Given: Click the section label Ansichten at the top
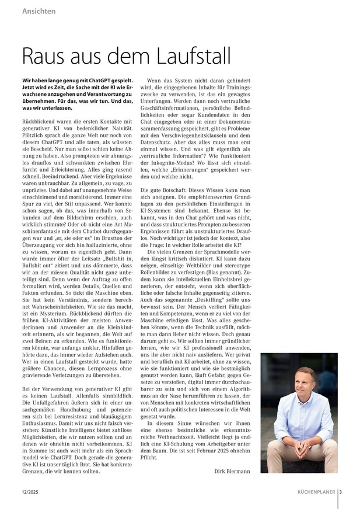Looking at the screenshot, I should pos(40,12).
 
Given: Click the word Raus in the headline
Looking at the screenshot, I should pos(46,56).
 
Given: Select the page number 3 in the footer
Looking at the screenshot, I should pos(341,491).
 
